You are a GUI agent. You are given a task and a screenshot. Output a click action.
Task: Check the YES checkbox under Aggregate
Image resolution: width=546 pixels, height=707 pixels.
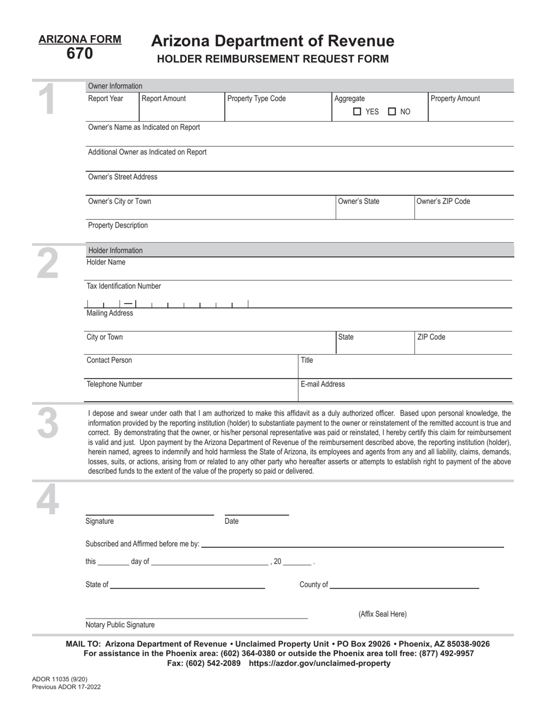tap(357, 112)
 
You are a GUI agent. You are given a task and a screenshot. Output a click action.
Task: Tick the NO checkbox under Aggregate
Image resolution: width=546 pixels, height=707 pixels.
tap(392, 112)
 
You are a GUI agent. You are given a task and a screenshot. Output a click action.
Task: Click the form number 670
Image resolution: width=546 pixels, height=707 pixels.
tap(79, 54)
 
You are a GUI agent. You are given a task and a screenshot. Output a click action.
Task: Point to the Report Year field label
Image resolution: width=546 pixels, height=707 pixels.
tap(105, 99)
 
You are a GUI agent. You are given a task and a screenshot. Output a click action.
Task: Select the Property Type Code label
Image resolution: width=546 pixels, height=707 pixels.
tap(256, 99)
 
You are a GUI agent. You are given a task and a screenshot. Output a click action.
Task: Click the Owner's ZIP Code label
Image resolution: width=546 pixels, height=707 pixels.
tap(443, 201)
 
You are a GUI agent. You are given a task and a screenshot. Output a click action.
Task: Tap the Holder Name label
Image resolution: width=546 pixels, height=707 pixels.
tap(106, 262)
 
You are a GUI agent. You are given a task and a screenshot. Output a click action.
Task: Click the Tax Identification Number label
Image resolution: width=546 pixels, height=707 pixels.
tap(124, 286)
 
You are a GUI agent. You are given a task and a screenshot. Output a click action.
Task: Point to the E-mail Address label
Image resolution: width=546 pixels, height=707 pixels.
tap(323, 384)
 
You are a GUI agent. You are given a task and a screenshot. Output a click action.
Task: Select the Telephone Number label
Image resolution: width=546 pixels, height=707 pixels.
tap(114, 384)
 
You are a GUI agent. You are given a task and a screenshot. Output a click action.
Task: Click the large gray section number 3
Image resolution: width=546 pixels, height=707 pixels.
tap(48, 424)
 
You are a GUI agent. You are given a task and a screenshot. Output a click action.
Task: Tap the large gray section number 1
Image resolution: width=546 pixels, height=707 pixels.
tap(48, 99)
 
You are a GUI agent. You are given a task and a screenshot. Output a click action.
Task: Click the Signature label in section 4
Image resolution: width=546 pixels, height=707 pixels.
tap(99, 521)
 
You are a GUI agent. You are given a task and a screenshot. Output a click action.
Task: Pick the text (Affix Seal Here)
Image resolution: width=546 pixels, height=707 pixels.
tap(382, 614)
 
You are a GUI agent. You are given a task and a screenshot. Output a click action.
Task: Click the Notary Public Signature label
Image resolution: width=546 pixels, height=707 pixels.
tap(120, 624)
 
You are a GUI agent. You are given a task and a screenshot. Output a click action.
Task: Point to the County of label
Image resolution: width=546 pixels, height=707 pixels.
tap(314, 585)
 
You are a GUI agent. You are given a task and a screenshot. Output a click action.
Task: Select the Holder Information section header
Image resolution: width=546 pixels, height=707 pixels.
tap(115, 250)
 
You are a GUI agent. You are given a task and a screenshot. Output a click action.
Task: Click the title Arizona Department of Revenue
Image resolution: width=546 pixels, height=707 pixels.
tap(272, 41)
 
